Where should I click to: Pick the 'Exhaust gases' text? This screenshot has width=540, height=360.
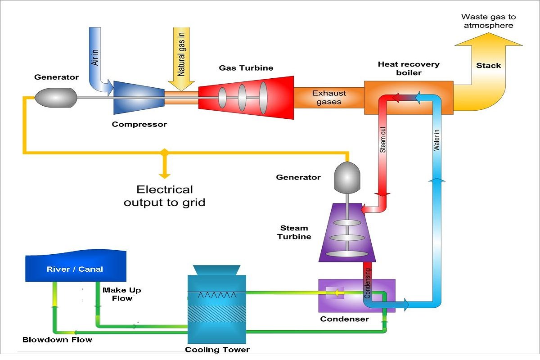pos(329,97)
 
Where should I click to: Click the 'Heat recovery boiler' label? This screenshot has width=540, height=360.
pos(409,68)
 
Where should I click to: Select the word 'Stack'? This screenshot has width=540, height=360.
pos(488,66)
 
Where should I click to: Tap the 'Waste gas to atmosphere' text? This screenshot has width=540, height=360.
pos(488,21)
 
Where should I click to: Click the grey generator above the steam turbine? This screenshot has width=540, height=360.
pos(346,177)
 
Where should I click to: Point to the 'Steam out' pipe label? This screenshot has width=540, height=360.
pos(383,139)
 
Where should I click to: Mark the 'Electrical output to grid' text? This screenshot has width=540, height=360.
pos(165,196)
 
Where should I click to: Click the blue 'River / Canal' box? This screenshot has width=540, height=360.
pos(75,269)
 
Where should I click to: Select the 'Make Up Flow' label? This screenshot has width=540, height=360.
pos(121,294)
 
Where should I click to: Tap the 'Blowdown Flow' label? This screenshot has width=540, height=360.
pos(57,339)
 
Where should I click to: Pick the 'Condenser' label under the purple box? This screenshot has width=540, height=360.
pos(344,319)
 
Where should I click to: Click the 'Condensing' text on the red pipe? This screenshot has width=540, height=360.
pos(368,283)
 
